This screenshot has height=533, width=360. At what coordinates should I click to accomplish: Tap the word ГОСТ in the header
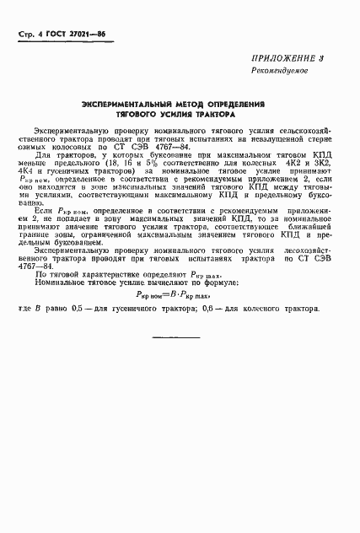[55, 34]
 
